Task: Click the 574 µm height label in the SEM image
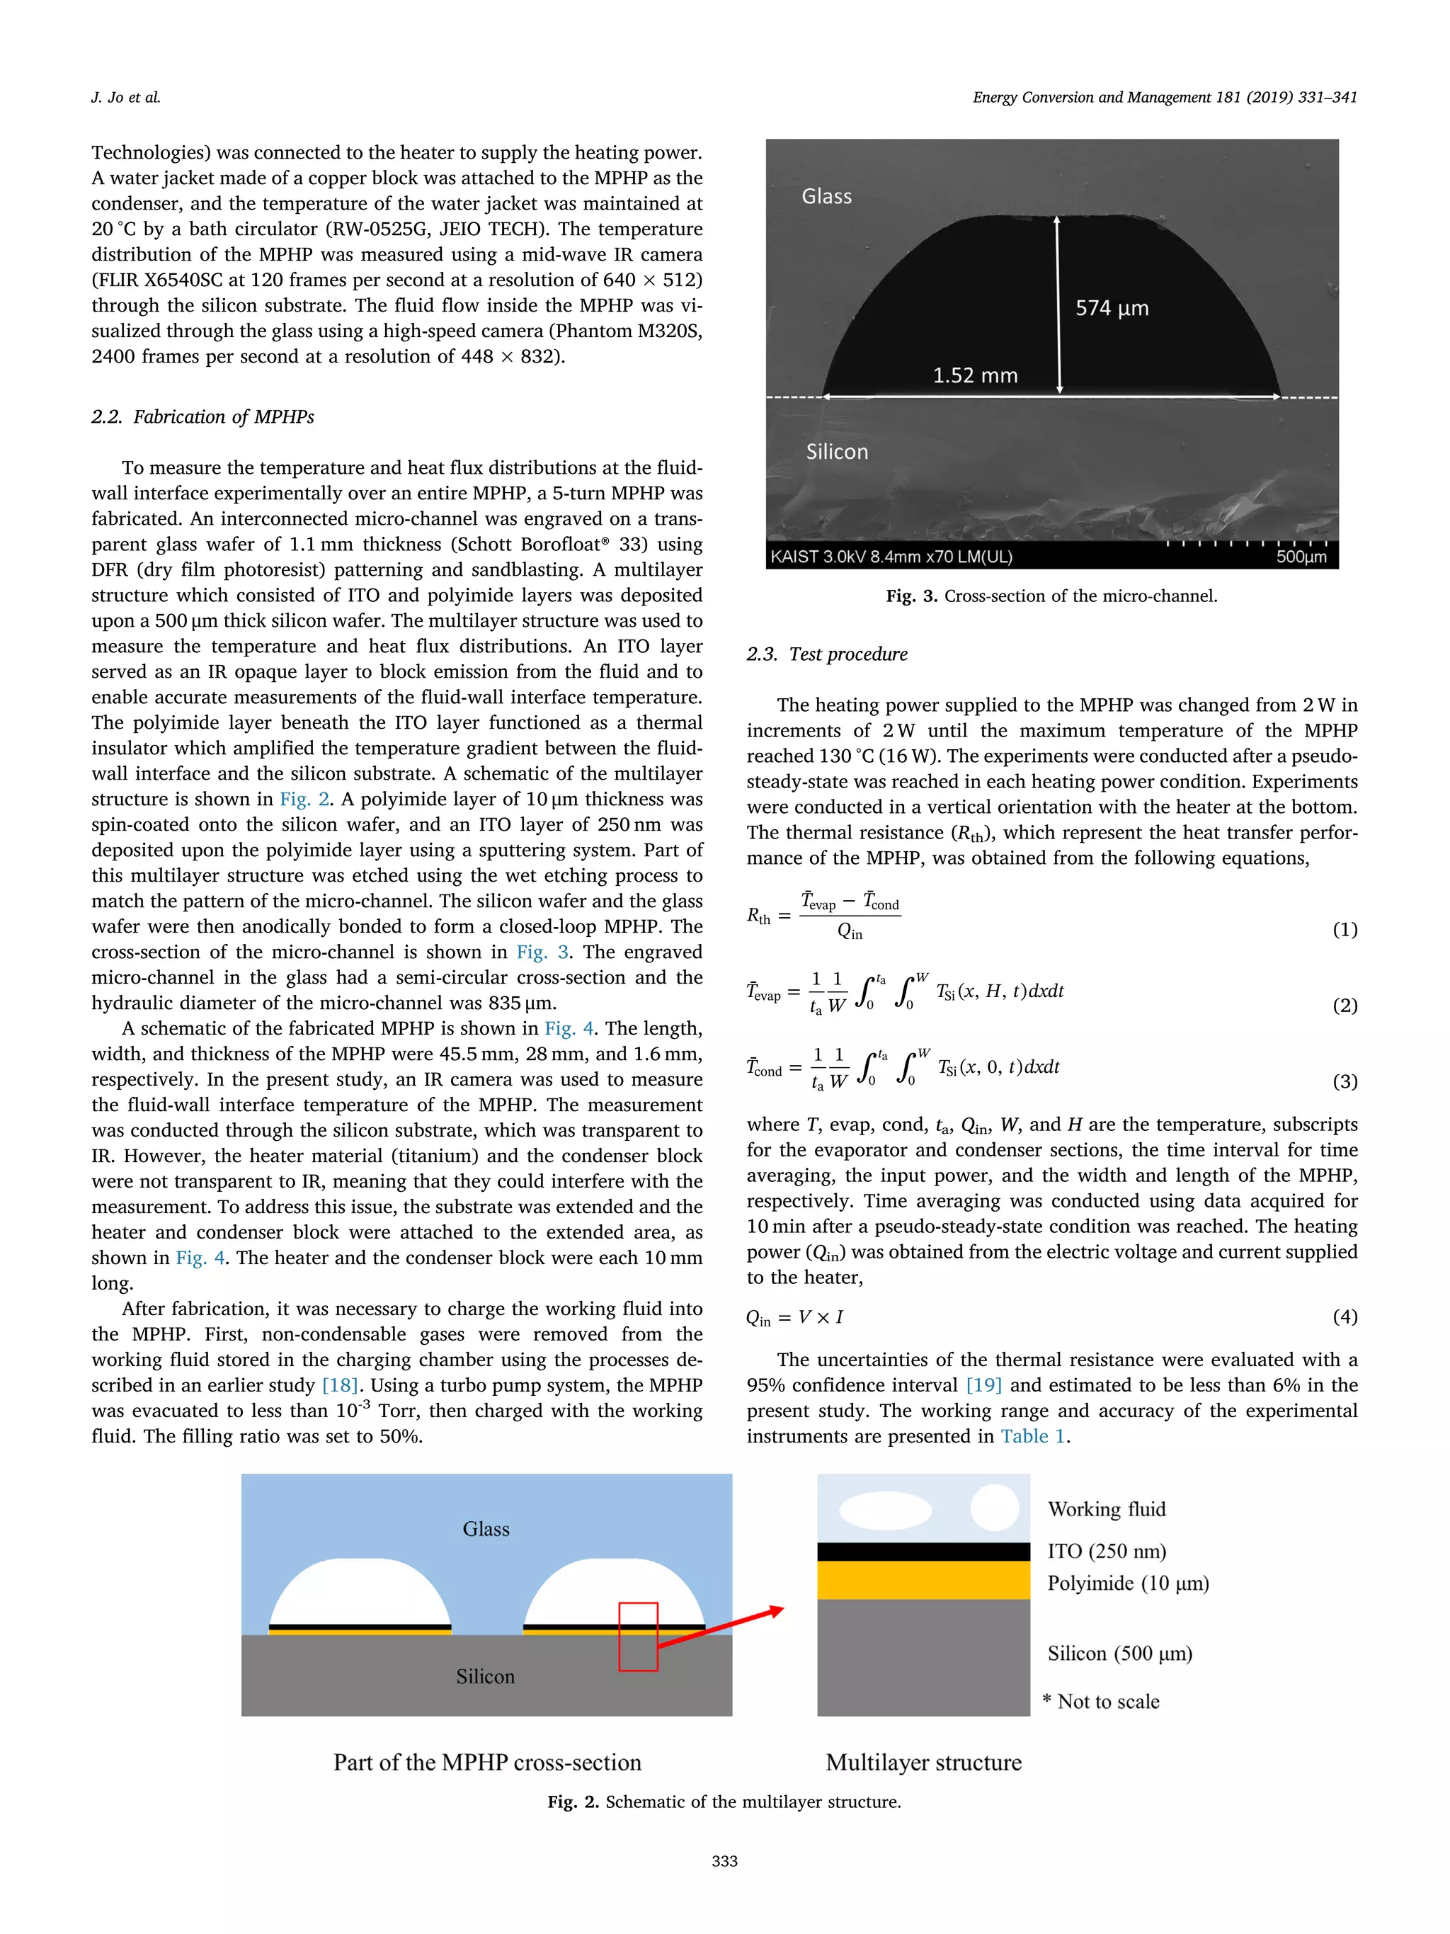[x=1112, y=308]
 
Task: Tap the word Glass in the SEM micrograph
[x=826, y=197]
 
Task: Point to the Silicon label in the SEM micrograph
[x=836, y=452]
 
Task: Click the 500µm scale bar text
[x=1301, y=557]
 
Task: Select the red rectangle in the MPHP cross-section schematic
[x=638, y=1636]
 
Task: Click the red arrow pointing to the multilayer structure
[x=721, y=1627]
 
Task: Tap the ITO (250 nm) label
[x=1107, y=1551]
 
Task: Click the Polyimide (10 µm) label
[x=1127, y=1583]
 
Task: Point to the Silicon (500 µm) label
[x=1119, y=1654]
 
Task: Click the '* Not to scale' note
[x=1101, y=1702]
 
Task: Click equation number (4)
[x=1345, y=1316]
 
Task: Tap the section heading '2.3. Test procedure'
[x=827, y=654]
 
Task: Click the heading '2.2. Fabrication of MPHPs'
[x=202, y=417]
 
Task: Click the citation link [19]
[x=983, y=1385]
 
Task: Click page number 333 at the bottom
[x=724, y=1860]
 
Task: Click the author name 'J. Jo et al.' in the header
[x=126, y=97]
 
